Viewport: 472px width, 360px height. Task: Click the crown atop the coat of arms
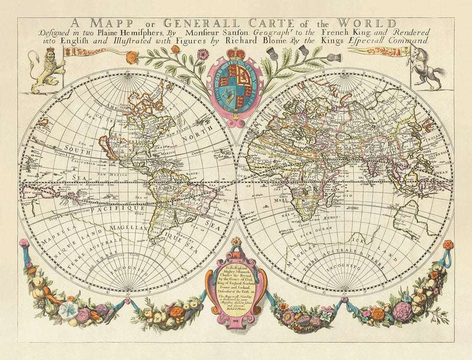tap(235, 54)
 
